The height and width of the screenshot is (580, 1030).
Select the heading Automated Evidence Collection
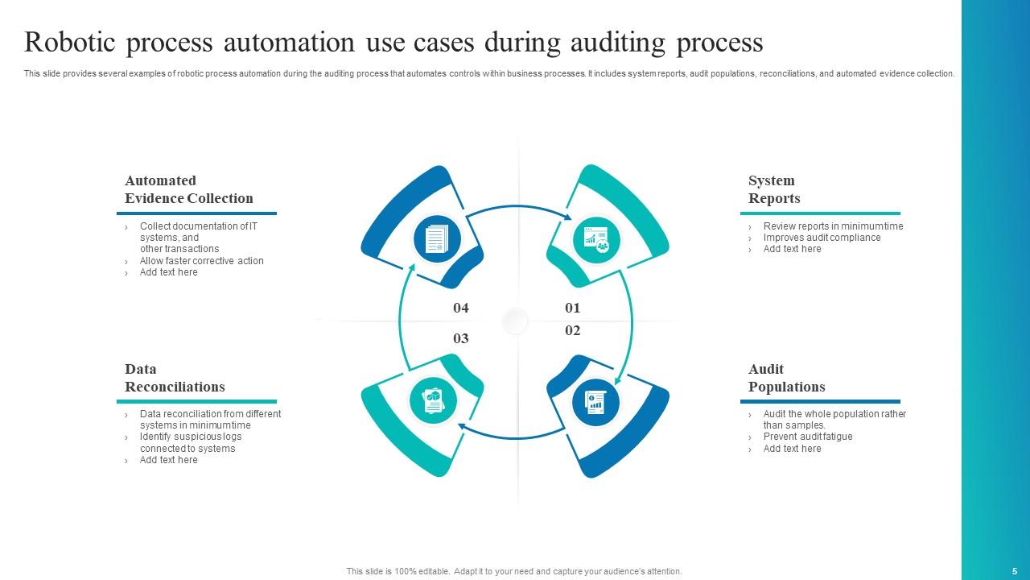click(x=188, y=189)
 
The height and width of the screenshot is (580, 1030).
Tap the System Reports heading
click(x=774, y=189)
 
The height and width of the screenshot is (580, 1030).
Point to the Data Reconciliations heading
click(x=175, y=378)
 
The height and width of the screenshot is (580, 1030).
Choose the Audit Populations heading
click(x=786, y=378)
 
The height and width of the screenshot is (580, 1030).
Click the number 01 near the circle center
click(x=572, y=308)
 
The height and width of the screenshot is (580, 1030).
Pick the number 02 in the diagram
click(x=572, y=330)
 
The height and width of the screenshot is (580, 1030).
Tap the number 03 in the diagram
click(x=460, y=338)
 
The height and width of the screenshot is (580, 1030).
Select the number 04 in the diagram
click(x=460, y=308)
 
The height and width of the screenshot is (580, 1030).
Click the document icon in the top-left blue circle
click(x=436, y=239)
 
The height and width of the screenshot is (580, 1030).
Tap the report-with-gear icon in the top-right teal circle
click(x=596, y=239)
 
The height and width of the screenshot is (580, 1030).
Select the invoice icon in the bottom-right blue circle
click(x=595, y=401)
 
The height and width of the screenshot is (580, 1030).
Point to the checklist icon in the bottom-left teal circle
click(x=434, y=400)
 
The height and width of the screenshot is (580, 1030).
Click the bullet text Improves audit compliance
click(x=822, y=238)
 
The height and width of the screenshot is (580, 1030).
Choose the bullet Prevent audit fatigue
click(x=808, y=437)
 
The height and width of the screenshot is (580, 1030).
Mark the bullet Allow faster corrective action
click(x=201, y=261)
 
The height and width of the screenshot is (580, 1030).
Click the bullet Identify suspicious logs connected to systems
click(x=190, y=442)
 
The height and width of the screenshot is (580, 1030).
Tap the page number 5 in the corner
click(x=1015, y=571)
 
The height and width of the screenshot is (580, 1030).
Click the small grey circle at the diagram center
click(x=515, y=321)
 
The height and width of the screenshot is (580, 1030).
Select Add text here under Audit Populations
click(x=792, y=449)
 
